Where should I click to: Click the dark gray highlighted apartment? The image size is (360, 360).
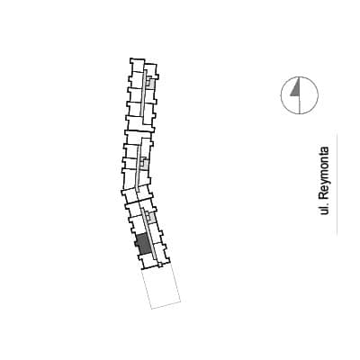point(143,243)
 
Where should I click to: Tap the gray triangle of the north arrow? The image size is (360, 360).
point(296,88)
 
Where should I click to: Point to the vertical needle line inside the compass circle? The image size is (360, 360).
point(300,95)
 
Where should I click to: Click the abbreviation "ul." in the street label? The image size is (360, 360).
point(324,209)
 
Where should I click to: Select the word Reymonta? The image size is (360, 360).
point(324,173)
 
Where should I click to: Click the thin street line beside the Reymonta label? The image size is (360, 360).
point(337,184)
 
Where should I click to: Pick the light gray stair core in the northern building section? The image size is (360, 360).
point(151,83)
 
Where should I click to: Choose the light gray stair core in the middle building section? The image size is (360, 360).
point(145,163)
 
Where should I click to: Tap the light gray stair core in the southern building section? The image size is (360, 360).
point(152,218)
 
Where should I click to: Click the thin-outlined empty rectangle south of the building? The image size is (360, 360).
point(161,288)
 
